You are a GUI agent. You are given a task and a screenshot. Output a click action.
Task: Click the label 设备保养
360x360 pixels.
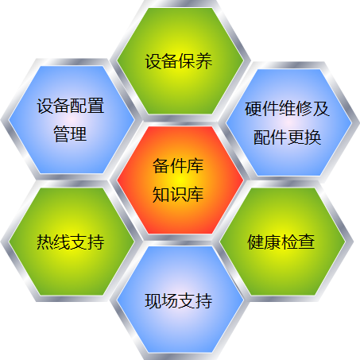(x=179, y=61)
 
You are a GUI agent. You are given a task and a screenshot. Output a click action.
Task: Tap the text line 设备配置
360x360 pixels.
(x=71, y=106)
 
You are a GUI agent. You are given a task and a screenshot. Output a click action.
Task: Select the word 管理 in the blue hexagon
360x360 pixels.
(x=70, y=134)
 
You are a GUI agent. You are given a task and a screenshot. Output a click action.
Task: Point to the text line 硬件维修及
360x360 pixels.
(x=287, y=109)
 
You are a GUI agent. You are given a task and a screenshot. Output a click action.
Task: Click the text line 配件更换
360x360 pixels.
(x=287, y=137)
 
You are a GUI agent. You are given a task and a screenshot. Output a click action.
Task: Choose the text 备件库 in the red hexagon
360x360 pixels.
(x=178, y=166)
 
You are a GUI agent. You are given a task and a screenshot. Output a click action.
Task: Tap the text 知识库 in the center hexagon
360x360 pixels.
(x=178, y=195)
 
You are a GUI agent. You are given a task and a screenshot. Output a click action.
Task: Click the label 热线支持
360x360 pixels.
(x=71, y=242)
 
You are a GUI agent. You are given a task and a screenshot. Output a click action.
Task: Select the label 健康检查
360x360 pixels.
(x=281, y=242)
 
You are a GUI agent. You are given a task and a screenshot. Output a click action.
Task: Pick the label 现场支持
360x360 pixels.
(x=179, y=301)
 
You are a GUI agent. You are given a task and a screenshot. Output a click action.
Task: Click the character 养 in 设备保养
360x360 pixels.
(x=204, y=61)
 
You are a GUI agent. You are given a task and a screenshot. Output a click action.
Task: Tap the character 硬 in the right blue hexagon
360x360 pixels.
(x=253, y=109)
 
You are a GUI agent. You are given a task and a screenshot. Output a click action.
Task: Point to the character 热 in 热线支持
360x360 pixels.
(x=45, y=242)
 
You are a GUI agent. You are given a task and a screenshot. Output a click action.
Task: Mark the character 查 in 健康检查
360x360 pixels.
(x=307, y=242)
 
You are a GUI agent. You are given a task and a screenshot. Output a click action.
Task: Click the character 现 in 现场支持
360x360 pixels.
(x=153, y=301)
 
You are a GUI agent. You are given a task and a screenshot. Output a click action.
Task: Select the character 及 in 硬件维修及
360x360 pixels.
(x=321, y=109)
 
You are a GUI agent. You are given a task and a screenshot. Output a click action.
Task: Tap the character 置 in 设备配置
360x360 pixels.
(x=96, y=106)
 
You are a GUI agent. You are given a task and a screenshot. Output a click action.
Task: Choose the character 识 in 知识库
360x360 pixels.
(x=178, y=195)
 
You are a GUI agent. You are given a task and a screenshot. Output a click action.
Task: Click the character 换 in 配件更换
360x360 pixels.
(x=313, y=137)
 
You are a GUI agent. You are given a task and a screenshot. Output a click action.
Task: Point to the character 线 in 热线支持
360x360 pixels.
(x=62, y=242)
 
